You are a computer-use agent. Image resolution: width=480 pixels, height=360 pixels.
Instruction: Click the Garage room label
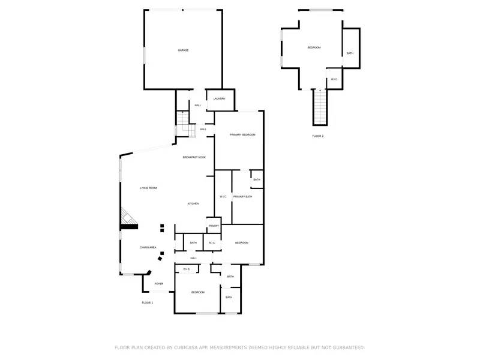click(183, 50)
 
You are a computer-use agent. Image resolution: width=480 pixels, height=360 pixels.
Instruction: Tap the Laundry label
click(220, 98)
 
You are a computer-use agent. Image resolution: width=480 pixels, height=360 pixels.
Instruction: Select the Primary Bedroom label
click(242, 135)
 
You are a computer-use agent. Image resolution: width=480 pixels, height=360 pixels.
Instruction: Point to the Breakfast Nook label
click(194, 157)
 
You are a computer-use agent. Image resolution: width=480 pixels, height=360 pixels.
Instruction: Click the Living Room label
click(148, 188)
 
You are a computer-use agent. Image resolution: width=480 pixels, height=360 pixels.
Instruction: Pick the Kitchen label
click(193, 204)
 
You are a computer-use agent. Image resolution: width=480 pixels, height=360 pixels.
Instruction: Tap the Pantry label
click(214, 226)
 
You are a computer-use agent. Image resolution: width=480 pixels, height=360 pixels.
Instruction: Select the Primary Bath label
click(242, 197)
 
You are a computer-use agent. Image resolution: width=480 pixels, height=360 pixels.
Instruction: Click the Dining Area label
click(148, 247)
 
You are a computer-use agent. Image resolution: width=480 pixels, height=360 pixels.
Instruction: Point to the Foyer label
click(159, 283)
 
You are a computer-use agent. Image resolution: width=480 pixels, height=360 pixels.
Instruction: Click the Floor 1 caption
click(148, 303)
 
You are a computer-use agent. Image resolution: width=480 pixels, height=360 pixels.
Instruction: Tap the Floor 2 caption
click(318, 136)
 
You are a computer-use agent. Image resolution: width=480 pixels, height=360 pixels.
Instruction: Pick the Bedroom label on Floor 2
click(314, 47)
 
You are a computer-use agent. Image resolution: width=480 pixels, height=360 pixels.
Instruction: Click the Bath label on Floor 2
click(350, 53)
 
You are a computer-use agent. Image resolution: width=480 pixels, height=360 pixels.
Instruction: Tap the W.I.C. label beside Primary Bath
click(223, 197)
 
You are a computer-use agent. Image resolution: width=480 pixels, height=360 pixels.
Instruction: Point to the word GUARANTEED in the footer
click(346, 347)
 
